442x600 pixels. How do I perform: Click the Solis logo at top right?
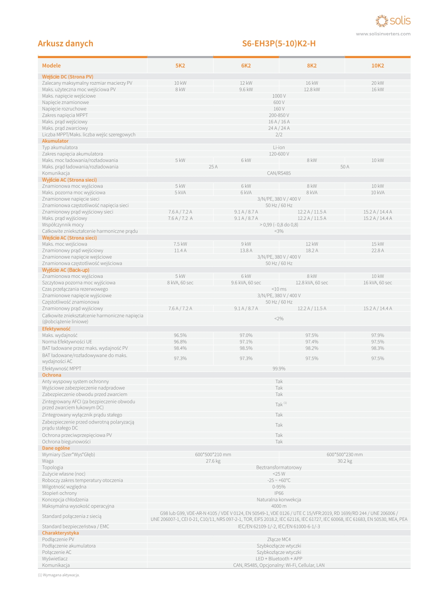click(393, 21)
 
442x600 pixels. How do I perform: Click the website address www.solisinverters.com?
click(383, 34)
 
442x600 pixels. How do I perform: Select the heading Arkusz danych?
click(65, 43)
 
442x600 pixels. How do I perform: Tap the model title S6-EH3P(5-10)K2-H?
click(279, 43)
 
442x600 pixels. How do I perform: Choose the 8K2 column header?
click(312, 66)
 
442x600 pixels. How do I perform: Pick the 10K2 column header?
click(377, 66)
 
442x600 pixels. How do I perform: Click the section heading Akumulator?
click(55, 141)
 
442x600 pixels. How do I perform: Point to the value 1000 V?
click(279, 96)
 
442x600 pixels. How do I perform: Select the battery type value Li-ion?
click(279, 147)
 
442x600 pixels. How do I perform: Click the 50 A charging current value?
click(345, 167)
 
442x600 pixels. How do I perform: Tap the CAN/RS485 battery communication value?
click(279, 173)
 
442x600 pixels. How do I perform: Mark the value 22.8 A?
click(377, 250)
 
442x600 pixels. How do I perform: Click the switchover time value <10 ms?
click(279, 289)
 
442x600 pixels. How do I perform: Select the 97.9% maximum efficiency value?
click(377, 335)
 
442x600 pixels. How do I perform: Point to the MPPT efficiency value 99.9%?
click(279, 369)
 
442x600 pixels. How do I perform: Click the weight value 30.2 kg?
click(345, 461)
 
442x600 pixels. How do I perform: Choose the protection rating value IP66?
click(279, 493)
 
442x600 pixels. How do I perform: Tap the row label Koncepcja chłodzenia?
click(65, 500)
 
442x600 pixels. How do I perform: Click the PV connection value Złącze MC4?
click(279, 539)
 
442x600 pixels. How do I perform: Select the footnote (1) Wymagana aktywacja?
click(59, 575)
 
